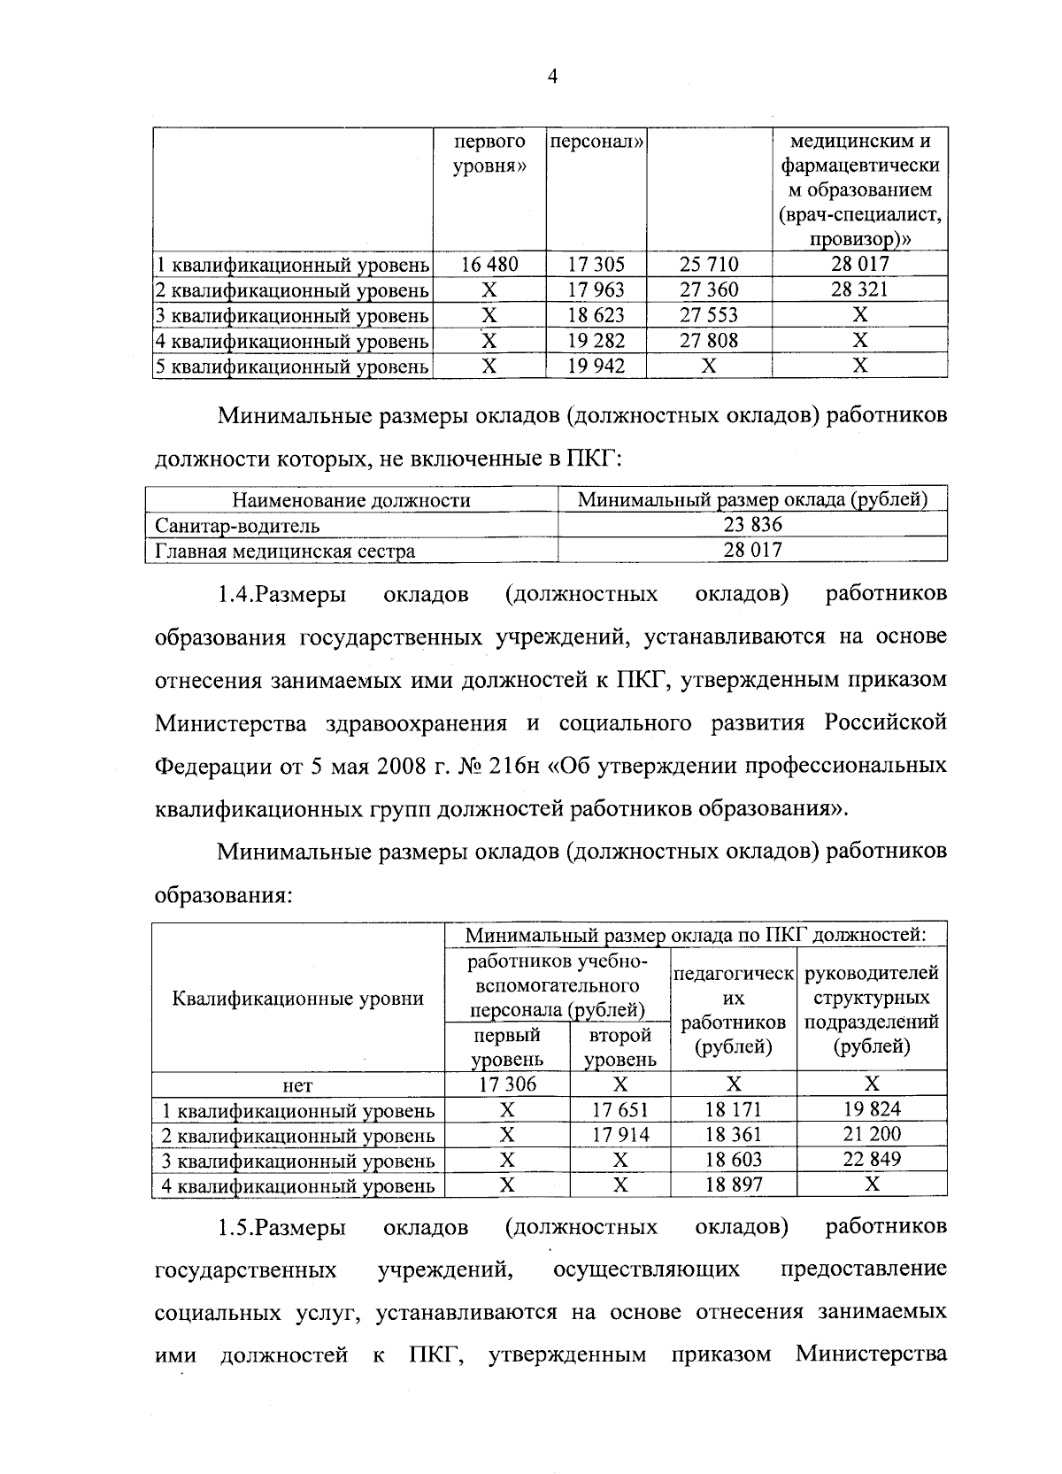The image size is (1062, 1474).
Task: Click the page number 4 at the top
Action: [551, 78]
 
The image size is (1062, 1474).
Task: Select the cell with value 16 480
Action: [489, 264]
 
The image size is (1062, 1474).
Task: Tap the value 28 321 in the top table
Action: [858, 289]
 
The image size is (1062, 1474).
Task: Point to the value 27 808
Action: [708, 340]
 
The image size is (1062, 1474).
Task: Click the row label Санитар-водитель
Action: [237, 525]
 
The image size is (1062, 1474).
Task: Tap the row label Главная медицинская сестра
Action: [285, 551]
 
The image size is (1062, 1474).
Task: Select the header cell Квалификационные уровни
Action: [298, 999]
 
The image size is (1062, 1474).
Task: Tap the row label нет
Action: [298, 1084]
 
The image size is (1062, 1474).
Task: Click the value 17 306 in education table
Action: [507, 1084]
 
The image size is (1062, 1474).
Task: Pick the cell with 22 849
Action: [872, 1160]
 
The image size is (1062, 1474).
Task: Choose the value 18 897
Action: [734, 1185]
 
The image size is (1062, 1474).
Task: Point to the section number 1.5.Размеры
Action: [281, 1227]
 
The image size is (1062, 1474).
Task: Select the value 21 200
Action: [872, 1134]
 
